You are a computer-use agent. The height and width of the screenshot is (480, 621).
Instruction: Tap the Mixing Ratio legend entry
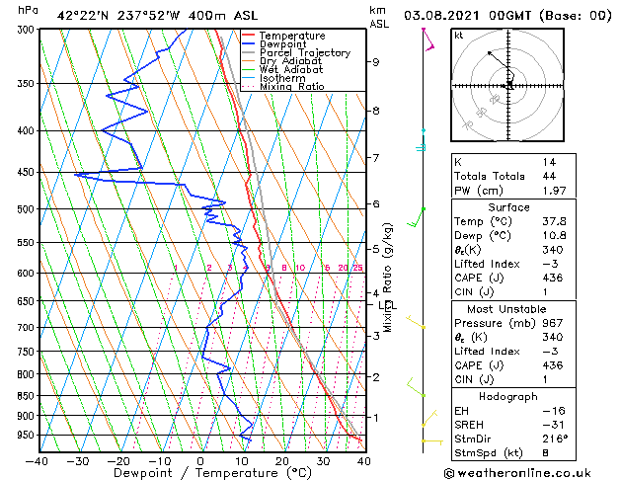coord(291,87)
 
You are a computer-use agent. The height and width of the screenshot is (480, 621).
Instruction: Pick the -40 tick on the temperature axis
coord(38,461)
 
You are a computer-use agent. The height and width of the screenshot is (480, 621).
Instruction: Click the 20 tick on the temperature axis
coord(282,461)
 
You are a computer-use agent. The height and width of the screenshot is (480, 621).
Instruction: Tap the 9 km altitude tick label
coord(376,62)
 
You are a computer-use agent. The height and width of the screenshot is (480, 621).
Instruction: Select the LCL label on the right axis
coord(386,306)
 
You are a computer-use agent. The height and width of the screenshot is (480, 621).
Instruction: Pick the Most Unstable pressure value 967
coord(553,322)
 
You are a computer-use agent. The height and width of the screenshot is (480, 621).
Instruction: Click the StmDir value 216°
coord(555,439)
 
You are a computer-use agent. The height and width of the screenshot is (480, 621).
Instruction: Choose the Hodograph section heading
coord(508,395)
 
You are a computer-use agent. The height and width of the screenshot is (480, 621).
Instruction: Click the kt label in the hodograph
coord(458,36)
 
